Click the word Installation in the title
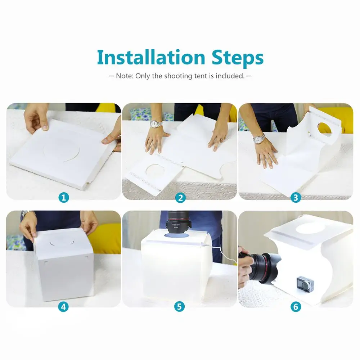pos(151,57)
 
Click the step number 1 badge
pos(64,197)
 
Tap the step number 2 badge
pos(180,198)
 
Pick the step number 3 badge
pos(296,197)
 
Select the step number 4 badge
pos(63,307)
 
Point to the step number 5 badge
pos(179,306)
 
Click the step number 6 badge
pos(296,307)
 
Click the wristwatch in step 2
pos(156,124)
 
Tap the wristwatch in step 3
pos(259,139)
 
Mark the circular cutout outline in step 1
pos(61,150)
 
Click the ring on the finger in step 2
pos(222,140)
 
